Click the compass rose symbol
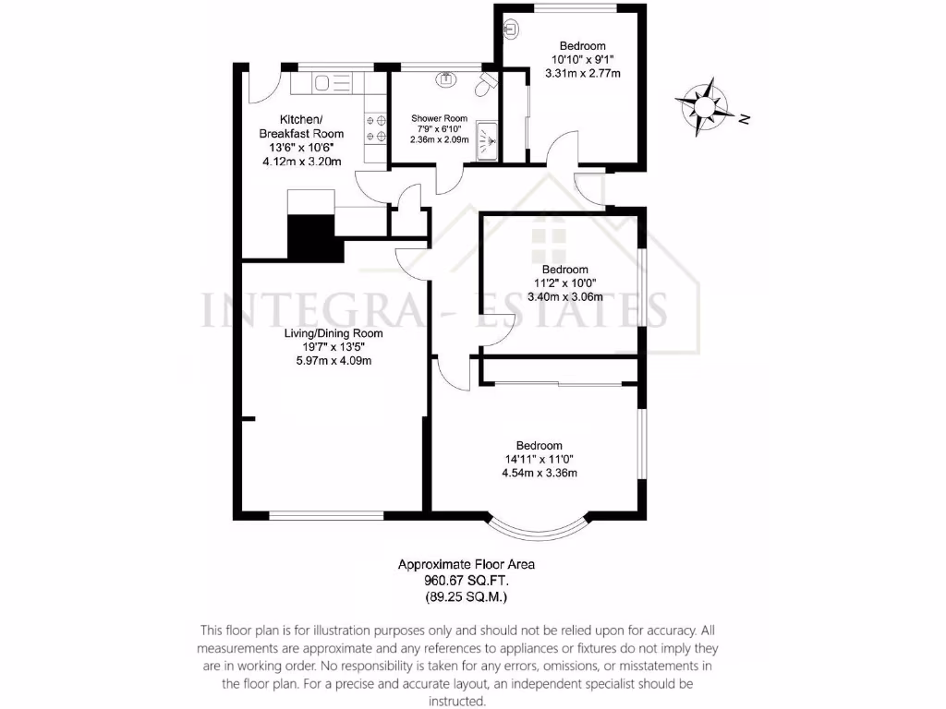coord(704,104)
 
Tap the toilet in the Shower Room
coord(485,86)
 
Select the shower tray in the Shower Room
coord(487,140)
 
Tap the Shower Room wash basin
coord(448,78)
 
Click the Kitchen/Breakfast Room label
coord(301,127)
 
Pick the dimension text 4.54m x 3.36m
coord(539,474)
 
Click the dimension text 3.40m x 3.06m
coord(564,297)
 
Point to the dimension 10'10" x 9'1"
coord(581,60)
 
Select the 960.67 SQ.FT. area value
coord(466,581)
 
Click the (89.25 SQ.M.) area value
coord(466,597)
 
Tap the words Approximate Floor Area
coord(466,564)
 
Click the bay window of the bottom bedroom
coord(538,529)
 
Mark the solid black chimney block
coord(312,237)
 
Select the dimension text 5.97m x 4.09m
coord(328,361)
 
